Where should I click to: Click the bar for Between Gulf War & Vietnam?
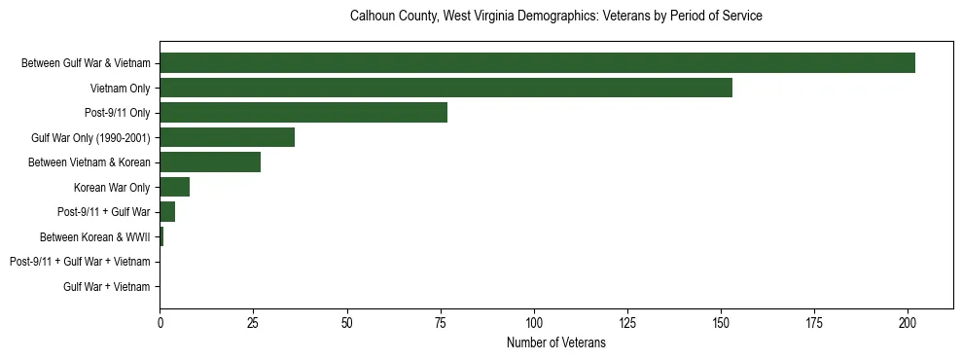pyautogui.click(x=537, y=63)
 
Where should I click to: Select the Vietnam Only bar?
pyautogui.click(x=445, y=88)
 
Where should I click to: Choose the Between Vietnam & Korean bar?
pyautogui.click(x=210, y=162)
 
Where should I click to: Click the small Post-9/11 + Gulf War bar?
pyautogui.click(x=167, y=212)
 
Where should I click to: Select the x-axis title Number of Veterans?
pyautogui.click(x=555, y=342)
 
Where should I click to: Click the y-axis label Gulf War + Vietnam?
pyautogui.click(x=107, y=287)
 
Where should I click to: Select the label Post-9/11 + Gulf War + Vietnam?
pyautogui.click(x=80, y=262)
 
